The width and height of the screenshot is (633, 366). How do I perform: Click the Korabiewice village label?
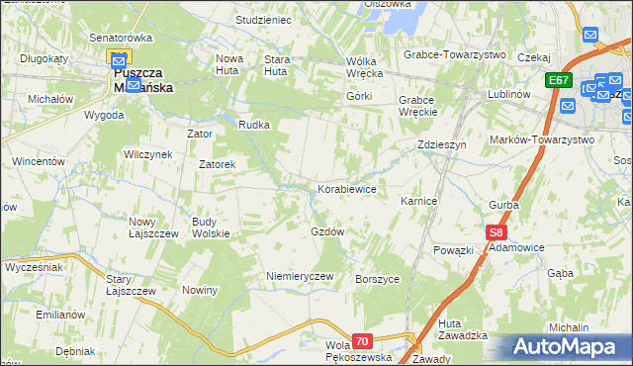click(346, 188)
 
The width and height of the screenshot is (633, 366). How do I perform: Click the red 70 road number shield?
click(362, 341)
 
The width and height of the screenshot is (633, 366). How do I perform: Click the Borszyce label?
click(377, 279)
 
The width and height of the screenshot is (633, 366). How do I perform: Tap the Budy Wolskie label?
click(211, 228)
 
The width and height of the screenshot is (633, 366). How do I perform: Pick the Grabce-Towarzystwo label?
click(455, 54)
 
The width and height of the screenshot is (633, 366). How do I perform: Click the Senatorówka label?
click(121, 37)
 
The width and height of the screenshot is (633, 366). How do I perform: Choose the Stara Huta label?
click(276, 65)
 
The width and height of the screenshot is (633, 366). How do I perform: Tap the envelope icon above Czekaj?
click(590, 35)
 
